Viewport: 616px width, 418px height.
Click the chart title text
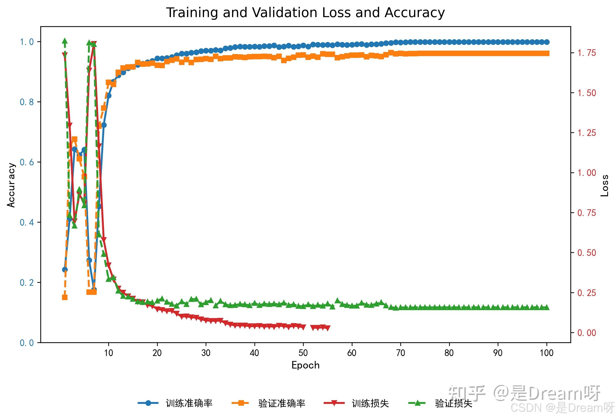tap(305, 13)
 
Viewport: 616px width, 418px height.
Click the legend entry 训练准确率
tap(189, 403)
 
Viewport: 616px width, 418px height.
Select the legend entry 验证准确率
tap(282, 403)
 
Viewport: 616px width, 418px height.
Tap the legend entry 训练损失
tap(370, 403)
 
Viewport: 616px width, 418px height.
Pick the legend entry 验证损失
tap(453, 403)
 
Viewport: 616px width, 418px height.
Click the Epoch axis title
tap(305, 365)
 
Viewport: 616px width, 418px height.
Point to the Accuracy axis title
tap(11, 185)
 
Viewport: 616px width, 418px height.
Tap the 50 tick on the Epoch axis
tap(303, 353)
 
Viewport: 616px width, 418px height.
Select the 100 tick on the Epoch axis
tap(546, 353)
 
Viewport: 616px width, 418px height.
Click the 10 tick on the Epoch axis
tap(109, 353)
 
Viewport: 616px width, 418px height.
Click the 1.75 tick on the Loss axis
tap(587, 53)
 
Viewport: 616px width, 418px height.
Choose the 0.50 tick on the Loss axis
tap(587, 253)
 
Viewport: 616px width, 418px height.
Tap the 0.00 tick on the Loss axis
tap(587, 333)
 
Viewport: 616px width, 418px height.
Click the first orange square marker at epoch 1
tap(65, 297)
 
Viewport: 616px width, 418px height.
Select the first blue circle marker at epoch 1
tap(65, 270)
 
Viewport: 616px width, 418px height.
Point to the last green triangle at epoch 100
tap(546, 307)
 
